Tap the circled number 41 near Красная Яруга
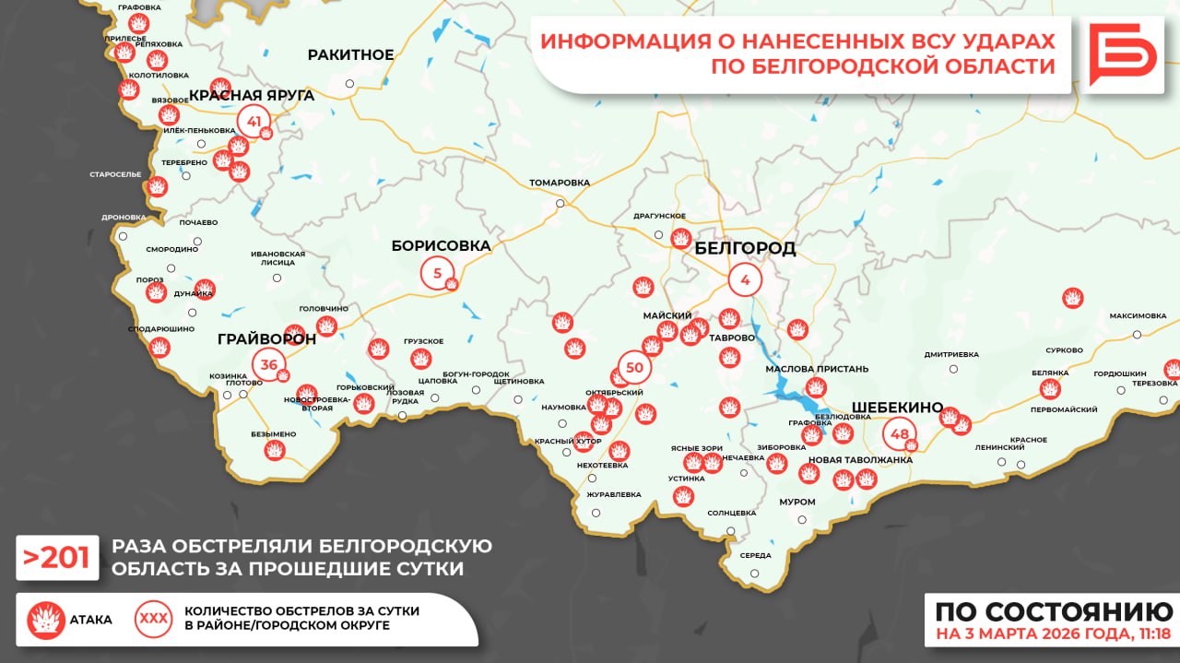tap(254, 122)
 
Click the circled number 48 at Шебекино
tap(900, 434)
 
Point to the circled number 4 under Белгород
tap(745, 279)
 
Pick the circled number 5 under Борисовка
tap(437, 273)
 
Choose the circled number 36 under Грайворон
tap(269, 365)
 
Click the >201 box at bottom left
tap(57, 558)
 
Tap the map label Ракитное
tap(350, 54)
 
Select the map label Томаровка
tap(559, 183)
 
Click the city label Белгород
tap(745, 249)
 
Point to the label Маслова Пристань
tap(817, 369)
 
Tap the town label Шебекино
tap(896, 408)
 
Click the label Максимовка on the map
tap(1138, 315)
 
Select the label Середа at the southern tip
tap(755, 555)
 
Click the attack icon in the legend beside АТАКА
tap(46, 620)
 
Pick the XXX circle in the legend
tap(153, 619)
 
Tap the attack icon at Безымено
tap(274, 449)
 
